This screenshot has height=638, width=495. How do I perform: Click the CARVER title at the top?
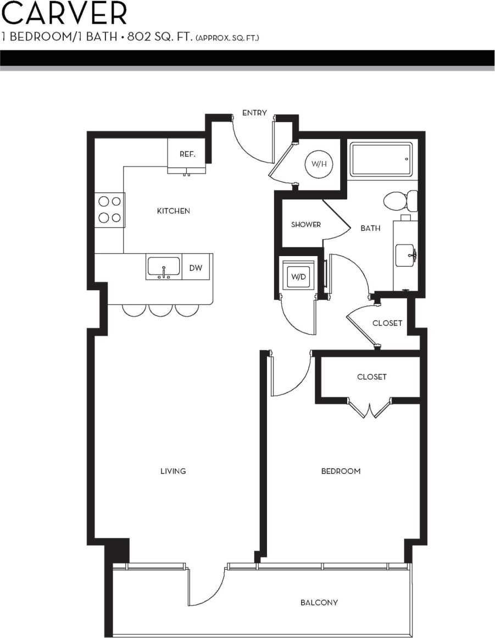click(64, 14)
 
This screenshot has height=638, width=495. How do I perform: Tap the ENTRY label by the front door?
click(254, 113)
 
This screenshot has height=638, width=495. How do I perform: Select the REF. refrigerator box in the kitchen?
click(187, 154)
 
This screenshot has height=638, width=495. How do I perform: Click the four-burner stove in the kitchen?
click(109, 209)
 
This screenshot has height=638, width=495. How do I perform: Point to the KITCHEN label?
click(173, 211)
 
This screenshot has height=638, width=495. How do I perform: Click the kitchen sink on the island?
click(163, 267)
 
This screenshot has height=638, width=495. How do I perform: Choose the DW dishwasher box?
click(196, 268)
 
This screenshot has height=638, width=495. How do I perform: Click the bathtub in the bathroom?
click(381, 159)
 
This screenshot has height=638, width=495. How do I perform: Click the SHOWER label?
click(305, 225)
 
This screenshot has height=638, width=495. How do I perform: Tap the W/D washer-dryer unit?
click(298, 276)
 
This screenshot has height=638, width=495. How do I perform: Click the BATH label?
click(370, 228)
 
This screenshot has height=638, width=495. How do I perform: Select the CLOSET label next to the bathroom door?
click(387, 323)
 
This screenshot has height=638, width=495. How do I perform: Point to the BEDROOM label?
click(341, 471)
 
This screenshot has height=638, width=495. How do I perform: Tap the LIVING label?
click(173, 471)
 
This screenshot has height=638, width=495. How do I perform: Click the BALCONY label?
click(319, 602)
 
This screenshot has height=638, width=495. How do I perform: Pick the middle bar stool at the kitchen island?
click(160, 310)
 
